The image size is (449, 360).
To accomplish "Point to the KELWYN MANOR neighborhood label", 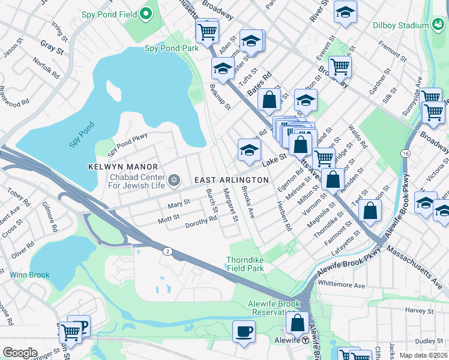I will tap(122, 167).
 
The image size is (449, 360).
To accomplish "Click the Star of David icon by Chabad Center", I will tap(174, 180).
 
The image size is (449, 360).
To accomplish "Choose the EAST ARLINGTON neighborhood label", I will tap(231, 180).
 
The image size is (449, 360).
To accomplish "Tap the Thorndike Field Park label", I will tap(245, 264).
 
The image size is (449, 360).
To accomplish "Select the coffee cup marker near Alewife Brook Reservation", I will tap(244, 332).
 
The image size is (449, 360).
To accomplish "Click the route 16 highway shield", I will tap(406, 154).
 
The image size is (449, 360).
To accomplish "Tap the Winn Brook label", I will tap(29, 275).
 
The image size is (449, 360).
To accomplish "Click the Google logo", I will tap(20, 353).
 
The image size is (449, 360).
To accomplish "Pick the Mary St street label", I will tap(178, 203).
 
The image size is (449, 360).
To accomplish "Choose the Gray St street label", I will tap(52, 46).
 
